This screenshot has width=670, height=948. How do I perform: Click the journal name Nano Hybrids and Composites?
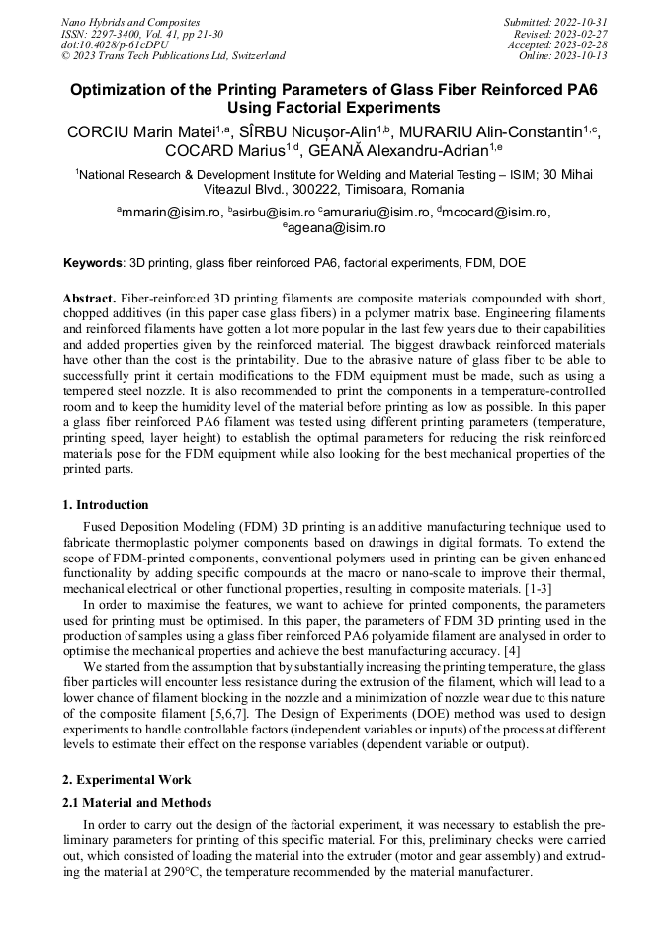point(130,22)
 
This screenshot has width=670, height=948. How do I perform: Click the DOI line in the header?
point(114,44)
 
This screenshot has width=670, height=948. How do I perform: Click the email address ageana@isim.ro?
point(336,228)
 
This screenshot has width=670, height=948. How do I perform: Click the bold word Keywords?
point(93,264)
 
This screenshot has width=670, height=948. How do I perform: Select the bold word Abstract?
point(90,299)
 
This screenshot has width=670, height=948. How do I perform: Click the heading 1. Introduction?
point(106,505)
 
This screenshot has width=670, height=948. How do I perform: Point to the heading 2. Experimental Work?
point(126,779)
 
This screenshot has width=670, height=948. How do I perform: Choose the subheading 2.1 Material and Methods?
point(137,802)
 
